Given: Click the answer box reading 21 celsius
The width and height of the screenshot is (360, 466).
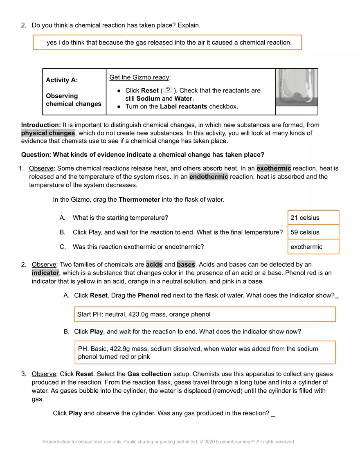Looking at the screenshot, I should [313, 218].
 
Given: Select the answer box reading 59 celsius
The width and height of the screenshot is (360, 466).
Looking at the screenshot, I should [313, 232].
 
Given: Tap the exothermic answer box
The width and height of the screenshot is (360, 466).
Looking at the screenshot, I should [313, 247].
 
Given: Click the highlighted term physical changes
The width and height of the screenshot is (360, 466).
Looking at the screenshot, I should [48, 133].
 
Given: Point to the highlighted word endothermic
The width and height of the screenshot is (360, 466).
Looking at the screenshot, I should [209, 177].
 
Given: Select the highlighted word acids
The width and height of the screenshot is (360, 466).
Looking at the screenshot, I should [154, 264].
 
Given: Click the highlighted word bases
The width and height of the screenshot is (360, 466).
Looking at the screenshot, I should [186, 264].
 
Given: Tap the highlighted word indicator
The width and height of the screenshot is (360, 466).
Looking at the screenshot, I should [45, 272].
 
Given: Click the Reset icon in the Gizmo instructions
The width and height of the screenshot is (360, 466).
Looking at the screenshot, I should [168, 90].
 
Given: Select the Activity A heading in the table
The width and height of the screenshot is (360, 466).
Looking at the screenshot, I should [62, 80].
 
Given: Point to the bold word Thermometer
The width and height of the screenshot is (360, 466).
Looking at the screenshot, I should [139, 200].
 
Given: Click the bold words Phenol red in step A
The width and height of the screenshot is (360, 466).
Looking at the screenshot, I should [154, 295].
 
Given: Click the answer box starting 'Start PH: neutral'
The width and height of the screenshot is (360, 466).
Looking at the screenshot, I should [205, 314].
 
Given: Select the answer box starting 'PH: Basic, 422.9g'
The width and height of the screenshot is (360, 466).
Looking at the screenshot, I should [205, 352].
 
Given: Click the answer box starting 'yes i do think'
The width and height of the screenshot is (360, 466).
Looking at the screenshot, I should [167, 43].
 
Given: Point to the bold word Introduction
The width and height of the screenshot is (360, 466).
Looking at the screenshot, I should [41, 125].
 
